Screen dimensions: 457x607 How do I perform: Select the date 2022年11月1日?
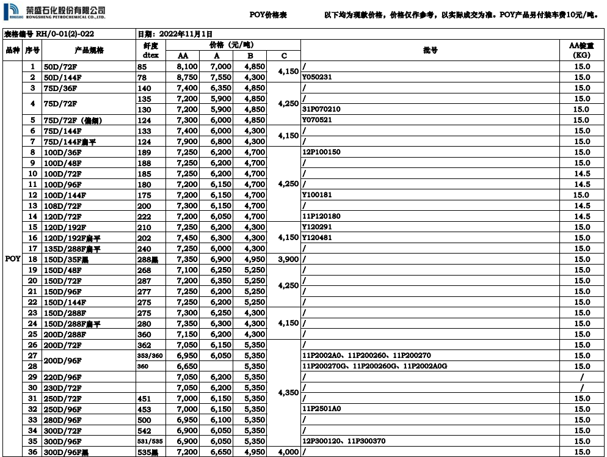(x=183, y=34)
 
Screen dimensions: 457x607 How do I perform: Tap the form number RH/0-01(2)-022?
(x=67, y=34)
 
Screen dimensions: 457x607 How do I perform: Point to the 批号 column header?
(x=430, y=50)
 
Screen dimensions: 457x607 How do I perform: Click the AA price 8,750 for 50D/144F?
(x=186, y=77)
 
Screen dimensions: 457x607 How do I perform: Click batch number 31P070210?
(x=321, y=109)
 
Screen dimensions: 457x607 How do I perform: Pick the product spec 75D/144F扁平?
(x=70, y=142)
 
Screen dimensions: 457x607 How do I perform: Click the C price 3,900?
(x=288, y=259)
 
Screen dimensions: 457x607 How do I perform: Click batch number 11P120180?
(x=321, y=216)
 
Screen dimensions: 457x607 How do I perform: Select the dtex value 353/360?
(x=150, y=355)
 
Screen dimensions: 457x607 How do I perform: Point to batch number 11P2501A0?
(x=321, y=409)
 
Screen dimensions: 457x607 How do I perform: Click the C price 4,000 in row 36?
(x=288, y=452)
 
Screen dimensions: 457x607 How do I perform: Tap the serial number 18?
(x=32, y=259)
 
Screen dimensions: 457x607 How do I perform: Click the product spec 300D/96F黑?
(x=66, y=452)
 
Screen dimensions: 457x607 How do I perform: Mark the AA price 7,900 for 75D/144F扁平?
(x=186, y=142)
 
